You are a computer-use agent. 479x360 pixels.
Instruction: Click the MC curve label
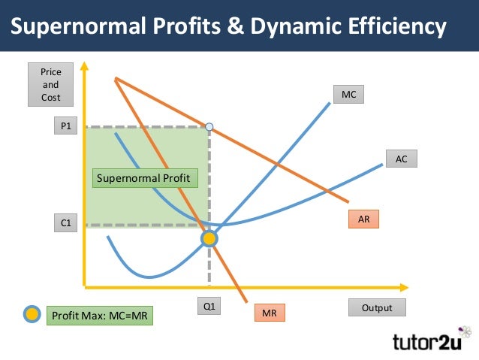tap(349, 95)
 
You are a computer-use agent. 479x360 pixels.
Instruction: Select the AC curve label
tap(401, 159)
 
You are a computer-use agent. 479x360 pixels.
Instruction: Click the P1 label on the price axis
tap(66, 127)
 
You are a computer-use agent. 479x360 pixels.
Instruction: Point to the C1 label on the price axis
tap(66, 223)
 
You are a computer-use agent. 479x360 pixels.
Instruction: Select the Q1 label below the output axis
tap(209, 307)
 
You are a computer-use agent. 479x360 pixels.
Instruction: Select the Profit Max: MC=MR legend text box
tap(99, 316)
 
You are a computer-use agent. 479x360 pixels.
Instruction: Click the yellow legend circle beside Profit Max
tap(31, 315)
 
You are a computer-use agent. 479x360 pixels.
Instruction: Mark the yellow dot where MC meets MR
tap(209, 239)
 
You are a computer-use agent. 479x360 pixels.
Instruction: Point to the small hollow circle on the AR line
tap(209, 127)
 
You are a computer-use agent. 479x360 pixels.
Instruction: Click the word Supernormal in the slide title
tap(80, 28)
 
